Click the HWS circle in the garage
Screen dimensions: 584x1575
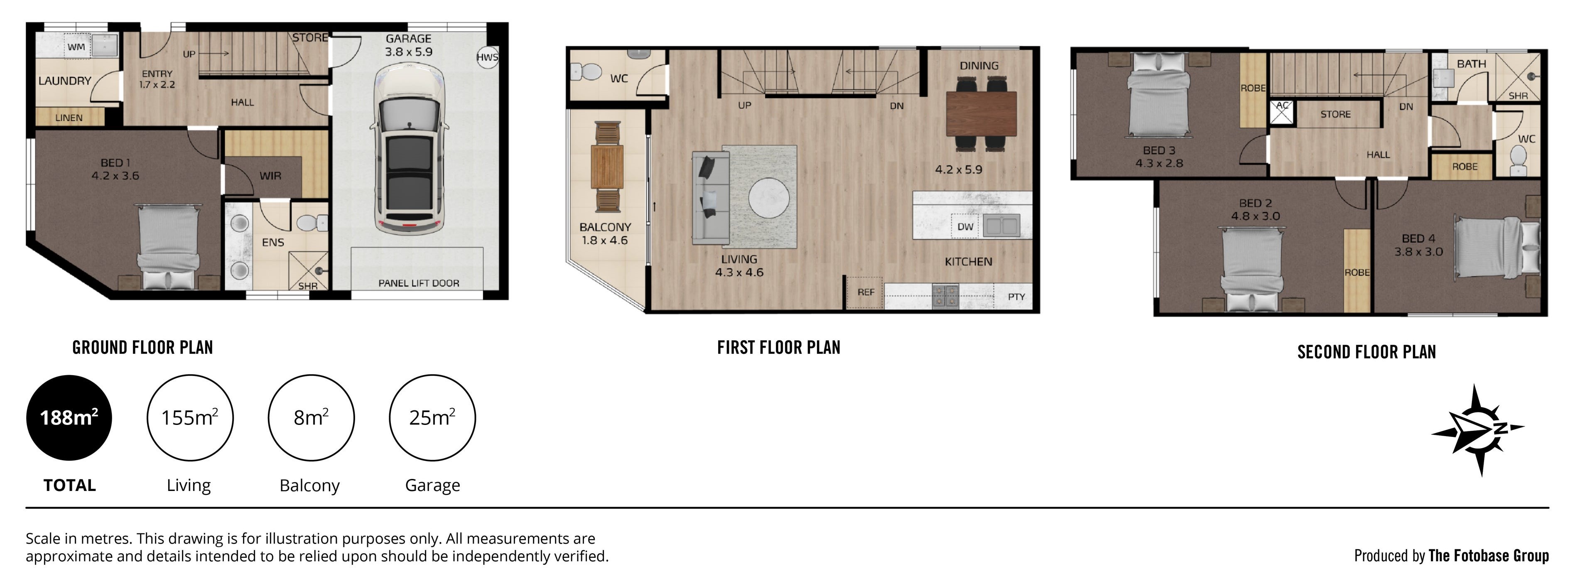487,57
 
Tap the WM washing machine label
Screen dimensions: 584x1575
76,47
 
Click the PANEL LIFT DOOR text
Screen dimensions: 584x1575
418,283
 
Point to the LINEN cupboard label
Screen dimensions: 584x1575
69,118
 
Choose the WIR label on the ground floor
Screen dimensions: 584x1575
270,176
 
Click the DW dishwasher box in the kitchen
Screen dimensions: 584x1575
965,227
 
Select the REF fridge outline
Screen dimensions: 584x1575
865,292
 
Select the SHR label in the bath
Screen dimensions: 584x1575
1518,96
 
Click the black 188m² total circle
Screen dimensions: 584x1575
69,418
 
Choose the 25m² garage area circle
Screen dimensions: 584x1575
432,418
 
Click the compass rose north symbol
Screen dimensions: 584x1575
1478,430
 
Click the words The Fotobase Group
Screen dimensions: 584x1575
1488,555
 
